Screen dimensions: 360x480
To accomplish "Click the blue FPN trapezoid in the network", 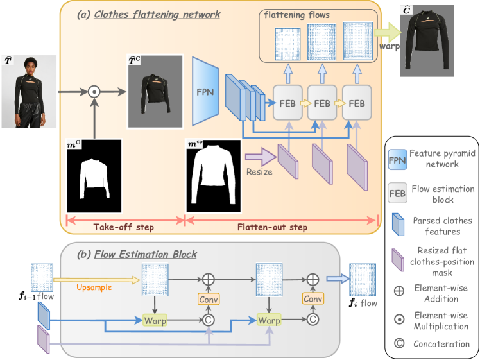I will tap(205, 90).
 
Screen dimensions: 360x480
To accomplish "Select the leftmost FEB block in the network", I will tap(287, 102).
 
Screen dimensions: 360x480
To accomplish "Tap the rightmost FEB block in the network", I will tap(357, 102).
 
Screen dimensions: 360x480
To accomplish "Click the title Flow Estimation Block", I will tap(146, 253).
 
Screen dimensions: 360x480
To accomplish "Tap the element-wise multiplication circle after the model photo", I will tap(94, 92).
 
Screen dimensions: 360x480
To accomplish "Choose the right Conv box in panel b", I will tap(313, 298).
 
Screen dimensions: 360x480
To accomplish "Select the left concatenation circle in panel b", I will tap(208, 319).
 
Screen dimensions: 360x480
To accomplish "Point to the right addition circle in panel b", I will tap(313, 279).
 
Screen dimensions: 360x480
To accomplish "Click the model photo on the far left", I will tap(29, 91).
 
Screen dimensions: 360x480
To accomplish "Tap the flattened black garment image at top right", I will tap(427, 40).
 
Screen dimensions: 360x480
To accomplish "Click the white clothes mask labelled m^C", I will tap(94, 176).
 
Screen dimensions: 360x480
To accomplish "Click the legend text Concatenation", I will tap(441, 343).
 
